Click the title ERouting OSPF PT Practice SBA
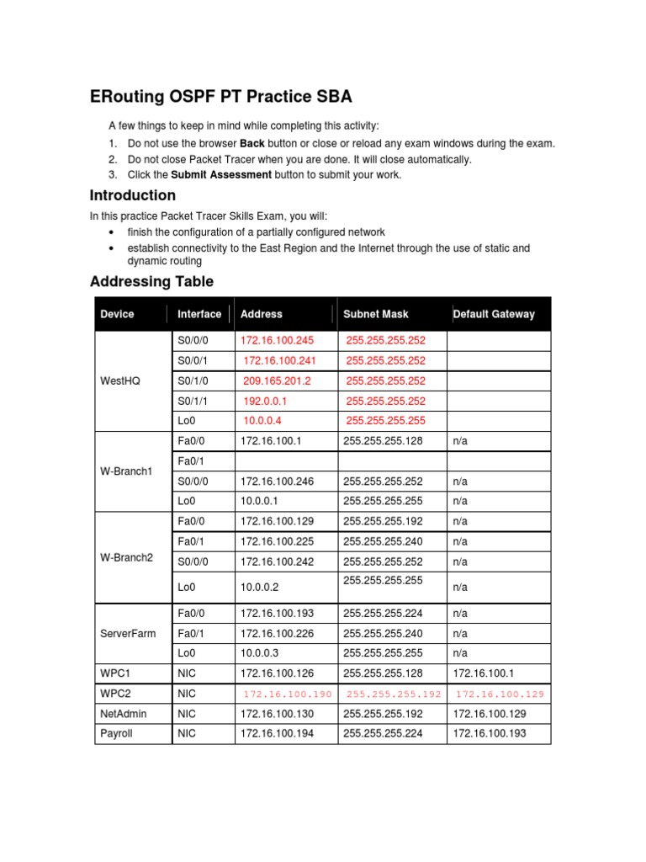[222, 97]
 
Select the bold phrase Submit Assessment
[221, 175]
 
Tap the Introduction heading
[133, 196]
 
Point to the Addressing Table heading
[151, 282]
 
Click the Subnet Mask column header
[375, 314]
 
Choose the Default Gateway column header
[494, 314]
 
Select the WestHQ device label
[120, 380]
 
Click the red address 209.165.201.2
[277, 380]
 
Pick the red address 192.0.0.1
[265, 401]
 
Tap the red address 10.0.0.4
[262, 421]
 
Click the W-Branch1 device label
[126, 471]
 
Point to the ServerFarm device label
[128, 633]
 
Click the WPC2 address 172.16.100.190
[288, 694]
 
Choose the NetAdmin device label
[123, 714]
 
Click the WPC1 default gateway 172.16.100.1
[479, 673]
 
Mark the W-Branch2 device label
[126, 557]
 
